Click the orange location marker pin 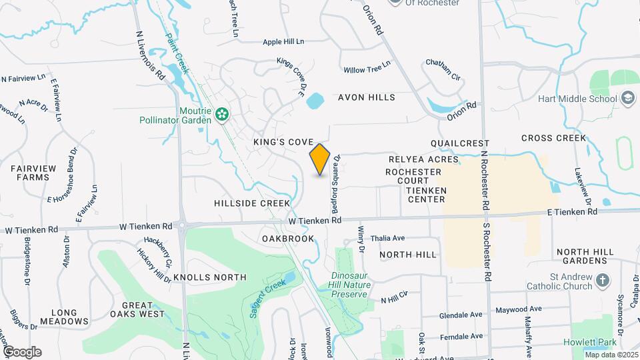(x=320, y=159)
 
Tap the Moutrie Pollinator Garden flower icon (x=222, y=115)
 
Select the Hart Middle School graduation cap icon (x=627, y=99)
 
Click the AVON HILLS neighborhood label (x=367, y=97)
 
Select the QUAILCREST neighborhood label (x=460, y=143)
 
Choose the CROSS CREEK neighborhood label (x=554, y=138)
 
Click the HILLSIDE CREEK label (x=252, y=203)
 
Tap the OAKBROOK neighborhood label (x=288, y=238)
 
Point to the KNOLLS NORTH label (x=210, y=277)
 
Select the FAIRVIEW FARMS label (x=30, y=173)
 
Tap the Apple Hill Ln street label (x=283, y=41)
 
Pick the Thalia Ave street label (x=388, y=238)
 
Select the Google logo (x=21, y=352)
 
